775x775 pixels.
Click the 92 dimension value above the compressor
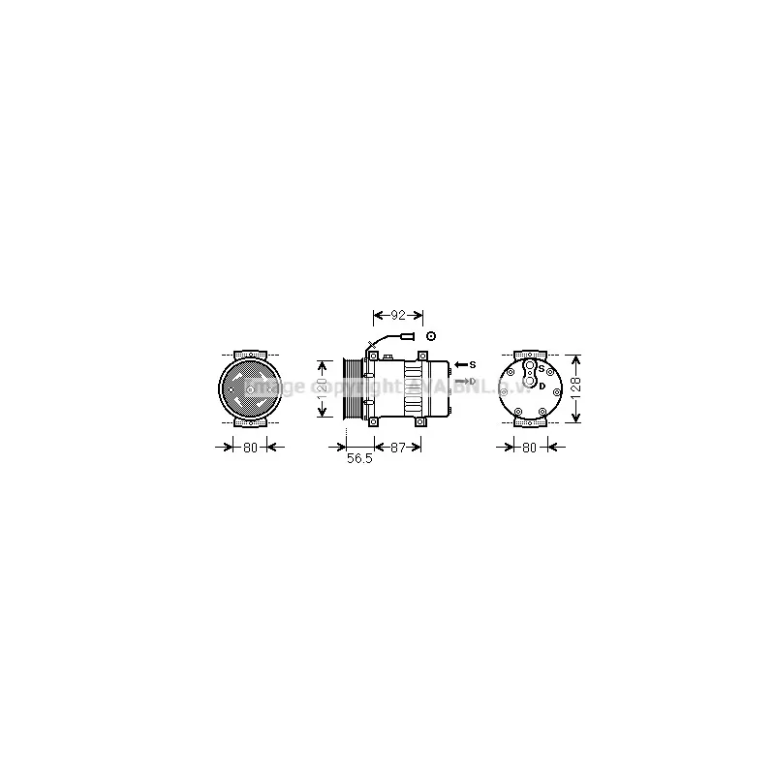click(397, 315)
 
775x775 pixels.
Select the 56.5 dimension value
click(359, 459)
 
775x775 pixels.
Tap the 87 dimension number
click(397, 447)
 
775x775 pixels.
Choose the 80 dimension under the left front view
click(249, 447)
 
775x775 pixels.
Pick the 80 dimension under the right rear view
click(529, 447)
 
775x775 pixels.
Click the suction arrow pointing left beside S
click(460, 365)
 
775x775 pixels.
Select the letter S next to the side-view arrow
click(473, 365)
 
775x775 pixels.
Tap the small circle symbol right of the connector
click(431, 335)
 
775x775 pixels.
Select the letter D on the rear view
click(542, 387)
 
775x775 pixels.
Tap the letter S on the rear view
click(541, 369)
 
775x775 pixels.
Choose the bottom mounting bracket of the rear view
click(529, 423)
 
